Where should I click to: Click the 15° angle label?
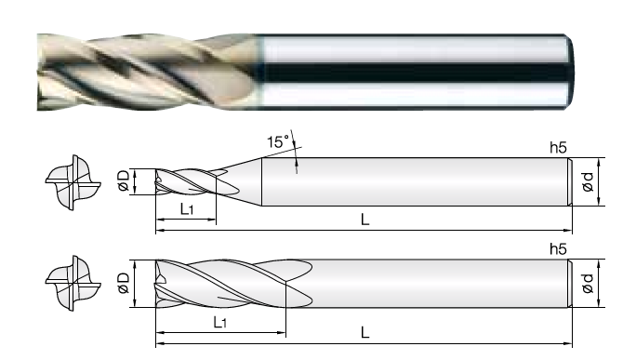[278, 141]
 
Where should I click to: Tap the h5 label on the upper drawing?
[558, 148]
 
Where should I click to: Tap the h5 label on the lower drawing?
[558, 248]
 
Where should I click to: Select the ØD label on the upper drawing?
[123, 181]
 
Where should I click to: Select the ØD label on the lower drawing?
[123, 283]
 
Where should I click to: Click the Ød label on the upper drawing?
[588, 181]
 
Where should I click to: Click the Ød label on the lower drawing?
[588, 284]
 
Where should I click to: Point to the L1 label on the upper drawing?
[187, 209]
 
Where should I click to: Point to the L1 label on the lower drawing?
[219, 322]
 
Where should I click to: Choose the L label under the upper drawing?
[365, 220]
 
